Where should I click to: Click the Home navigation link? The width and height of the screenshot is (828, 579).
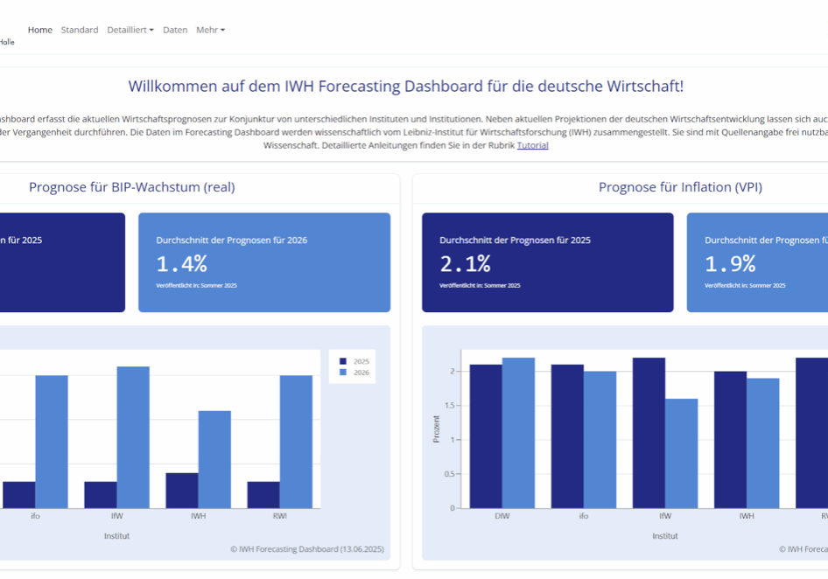pyautogui.click(x=39, y=30)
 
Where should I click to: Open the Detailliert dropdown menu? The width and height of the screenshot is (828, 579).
pyautogui.click(x=130, y=30)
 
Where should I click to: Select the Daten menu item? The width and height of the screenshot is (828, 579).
pyautogui.click(x=175, y=30)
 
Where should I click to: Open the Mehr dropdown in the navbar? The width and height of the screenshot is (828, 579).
pyautogui.click(x=210, y=30)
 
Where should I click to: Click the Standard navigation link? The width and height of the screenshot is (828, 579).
pyautogui.click(x=80, y=30)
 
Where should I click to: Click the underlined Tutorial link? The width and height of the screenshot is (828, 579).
pyautogui.click(x=532, y=145)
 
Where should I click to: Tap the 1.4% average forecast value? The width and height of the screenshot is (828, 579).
pyautogui.click(x=182, y=263)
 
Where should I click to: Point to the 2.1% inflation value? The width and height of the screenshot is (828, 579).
pyautogui.click(x=465, y=263)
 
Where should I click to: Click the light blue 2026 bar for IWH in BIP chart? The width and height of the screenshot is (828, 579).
pyautogui.click(x=214, y=459)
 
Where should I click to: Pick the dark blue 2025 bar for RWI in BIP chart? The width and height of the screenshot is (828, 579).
pyautogui.click(x=263, y=494)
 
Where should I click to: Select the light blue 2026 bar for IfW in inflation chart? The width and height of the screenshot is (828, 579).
pyautogui.click(x=682, y=453)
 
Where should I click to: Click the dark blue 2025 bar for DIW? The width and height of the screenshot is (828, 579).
pyautogui.click(x=486, y=436)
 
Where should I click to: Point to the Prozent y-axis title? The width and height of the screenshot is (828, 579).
pyautogui.click(x=437, y=429)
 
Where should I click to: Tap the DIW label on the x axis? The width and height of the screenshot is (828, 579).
pyautogui.click(x=502, y=516)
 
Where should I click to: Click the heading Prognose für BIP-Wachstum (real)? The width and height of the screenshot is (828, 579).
pyautogui.click(x=131, y=187)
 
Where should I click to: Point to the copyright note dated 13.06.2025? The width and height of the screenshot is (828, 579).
pyautogui.click(x=306, y=549)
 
